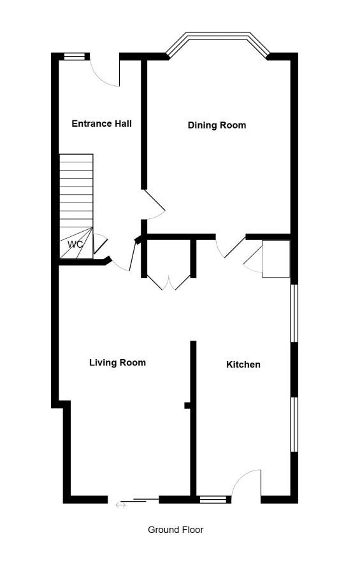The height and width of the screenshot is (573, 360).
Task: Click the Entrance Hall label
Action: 102,124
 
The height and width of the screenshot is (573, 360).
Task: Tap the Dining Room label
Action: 217,125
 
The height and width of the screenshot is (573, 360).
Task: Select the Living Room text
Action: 117,362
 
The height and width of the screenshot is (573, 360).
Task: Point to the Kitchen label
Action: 243,364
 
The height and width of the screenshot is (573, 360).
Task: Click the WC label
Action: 75,244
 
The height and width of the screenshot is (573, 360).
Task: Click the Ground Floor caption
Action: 176,530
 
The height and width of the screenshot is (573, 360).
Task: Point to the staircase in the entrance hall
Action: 76,206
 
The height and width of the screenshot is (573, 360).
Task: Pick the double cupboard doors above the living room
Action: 169,282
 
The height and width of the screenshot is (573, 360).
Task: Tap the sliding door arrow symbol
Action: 120,505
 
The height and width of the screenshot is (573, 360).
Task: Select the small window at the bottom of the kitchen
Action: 213,500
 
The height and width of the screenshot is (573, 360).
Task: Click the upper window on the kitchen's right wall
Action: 294,313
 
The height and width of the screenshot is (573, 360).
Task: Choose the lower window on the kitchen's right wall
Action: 294,425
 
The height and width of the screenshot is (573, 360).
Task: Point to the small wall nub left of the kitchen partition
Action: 187,406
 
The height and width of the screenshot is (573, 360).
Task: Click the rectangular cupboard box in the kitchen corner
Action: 277,258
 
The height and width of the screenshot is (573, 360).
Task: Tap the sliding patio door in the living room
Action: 134,500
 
